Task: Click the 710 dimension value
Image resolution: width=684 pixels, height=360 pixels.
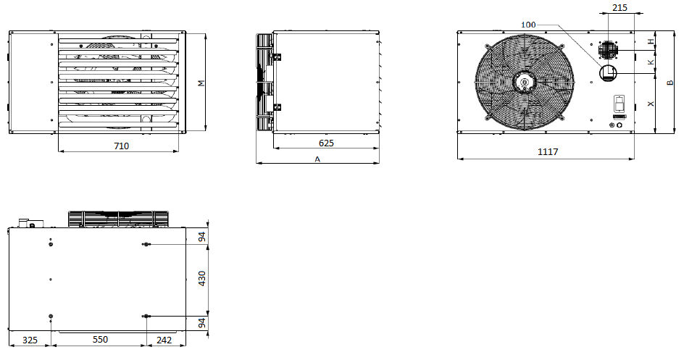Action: point(121,146)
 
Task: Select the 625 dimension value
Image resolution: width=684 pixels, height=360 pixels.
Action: point(326,143)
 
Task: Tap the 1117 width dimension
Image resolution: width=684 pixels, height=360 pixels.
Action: point(548,151)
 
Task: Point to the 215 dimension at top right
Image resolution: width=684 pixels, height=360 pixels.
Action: point(620,7)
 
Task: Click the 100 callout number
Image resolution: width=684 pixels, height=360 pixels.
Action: point(528,25)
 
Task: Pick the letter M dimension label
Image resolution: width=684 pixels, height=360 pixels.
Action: point(201,83)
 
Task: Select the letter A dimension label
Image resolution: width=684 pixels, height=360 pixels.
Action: point(317,159)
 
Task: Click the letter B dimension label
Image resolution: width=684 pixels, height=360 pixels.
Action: point(671,83)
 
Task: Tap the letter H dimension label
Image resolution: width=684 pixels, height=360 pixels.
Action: point(651,41)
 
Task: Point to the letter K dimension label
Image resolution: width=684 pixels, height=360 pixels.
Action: point(651,62)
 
